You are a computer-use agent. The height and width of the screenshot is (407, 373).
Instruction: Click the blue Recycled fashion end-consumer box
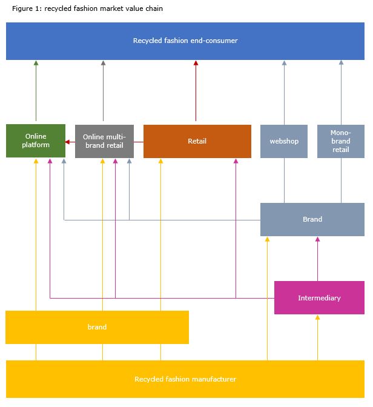(185, 41)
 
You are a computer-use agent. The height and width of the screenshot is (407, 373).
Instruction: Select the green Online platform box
(36, 141)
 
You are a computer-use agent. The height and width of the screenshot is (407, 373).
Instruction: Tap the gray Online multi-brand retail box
(104, 141)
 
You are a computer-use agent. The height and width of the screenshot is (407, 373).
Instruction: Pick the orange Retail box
(197, 141)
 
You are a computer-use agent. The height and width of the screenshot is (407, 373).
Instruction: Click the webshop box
(284, 141)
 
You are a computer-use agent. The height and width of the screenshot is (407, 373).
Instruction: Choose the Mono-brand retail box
(341, 141)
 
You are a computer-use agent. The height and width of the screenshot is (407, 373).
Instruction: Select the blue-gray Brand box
(312, 219)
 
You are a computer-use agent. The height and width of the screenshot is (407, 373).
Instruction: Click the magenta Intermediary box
(319, 297)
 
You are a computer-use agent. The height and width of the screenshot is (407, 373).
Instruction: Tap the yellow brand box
(97, 327)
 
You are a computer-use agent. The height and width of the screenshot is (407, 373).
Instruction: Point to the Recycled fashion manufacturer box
(185, 379)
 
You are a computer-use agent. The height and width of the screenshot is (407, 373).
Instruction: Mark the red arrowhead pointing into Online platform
(67, 142)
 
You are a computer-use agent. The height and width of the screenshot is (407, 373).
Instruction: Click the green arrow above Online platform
(36, 91)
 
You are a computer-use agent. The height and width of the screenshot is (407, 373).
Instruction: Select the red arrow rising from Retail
(196, 91)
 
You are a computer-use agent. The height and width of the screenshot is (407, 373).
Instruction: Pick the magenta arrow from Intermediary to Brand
(317, 259)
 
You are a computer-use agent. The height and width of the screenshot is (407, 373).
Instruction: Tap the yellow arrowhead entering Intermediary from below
(317, 317)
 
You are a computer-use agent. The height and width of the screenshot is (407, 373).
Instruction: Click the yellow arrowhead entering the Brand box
(268, 239)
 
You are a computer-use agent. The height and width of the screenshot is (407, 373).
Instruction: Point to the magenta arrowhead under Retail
(236, 161)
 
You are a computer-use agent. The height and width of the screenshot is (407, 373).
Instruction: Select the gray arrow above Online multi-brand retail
(104, 91)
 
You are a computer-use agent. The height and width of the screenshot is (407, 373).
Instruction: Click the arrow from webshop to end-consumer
(284, 93)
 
